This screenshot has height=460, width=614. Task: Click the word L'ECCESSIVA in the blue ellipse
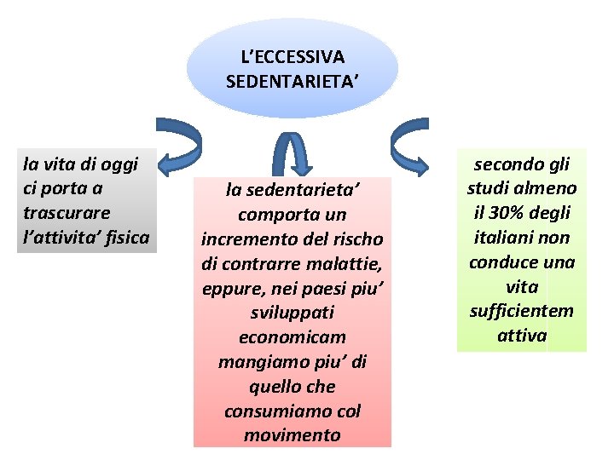click(x=292, y=57)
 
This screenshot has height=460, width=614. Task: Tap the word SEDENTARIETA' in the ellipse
click(x=292, y=82)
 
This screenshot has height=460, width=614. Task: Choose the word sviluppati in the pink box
click(x=292, y=313)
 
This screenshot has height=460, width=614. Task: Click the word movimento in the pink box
click(x=292, y=436)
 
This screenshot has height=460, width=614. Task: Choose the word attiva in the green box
click(x=521, y=336)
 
